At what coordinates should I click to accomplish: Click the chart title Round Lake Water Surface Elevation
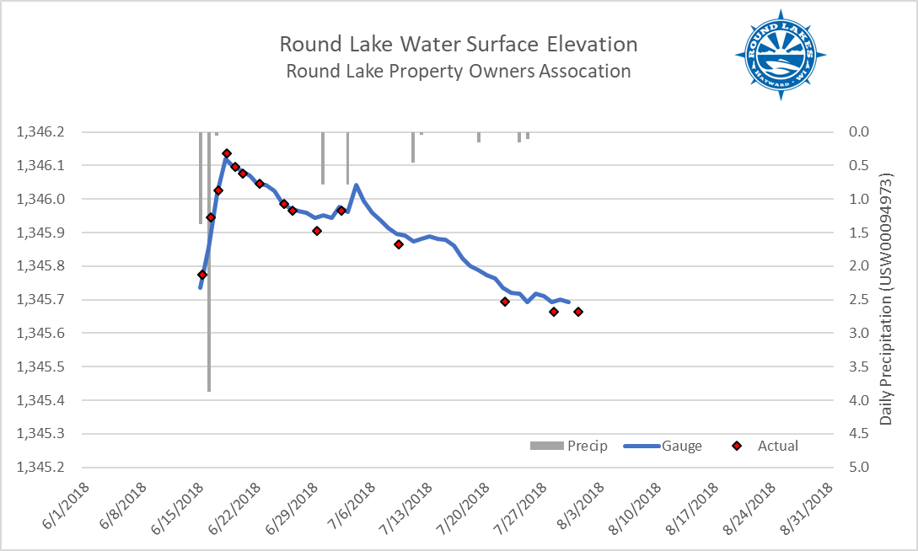click(x=458, y=44)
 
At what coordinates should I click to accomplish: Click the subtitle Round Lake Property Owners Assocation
click(x=458, y=71)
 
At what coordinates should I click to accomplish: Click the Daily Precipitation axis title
click(x=886, y=300)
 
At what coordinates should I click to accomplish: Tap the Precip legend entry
click(x=569, y=446)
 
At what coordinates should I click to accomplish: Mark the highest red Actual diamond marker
click(x=227, y=153)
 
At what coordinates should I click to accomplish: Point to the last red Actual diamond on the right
click(x=578, y=312)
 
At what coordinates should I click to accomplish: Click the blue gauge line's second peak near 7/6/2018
click(x=356, y=185)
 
